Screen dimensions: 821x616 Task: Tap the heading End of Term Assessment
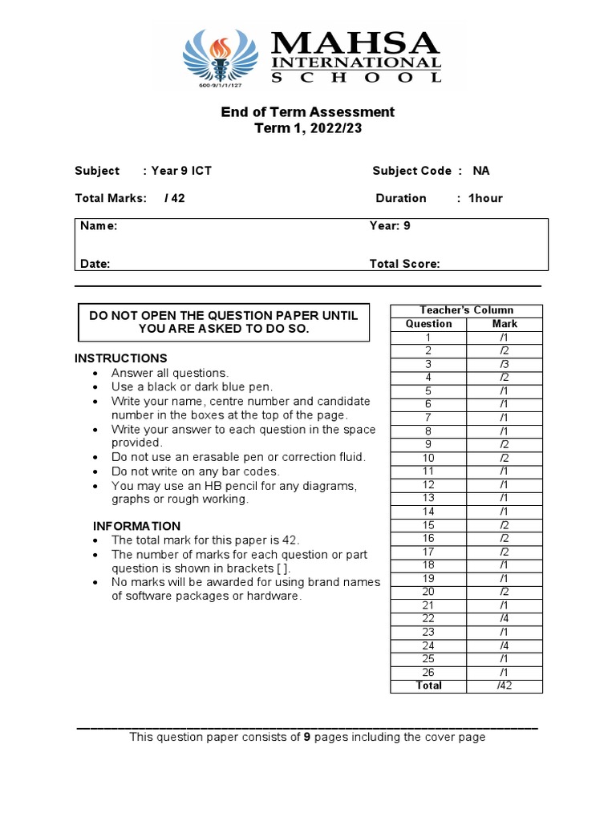pos(308,111)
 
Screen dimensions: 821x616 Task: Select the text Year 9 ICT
pos(181,171)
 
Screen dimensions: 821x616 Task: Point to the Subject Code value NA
pos(480,171)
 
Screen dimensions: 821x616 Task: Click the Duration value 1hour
pos(485,198)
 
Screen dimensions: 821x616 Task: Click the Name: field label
pos(99,226)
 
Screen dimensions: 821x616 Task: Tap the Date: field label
pos(95,264)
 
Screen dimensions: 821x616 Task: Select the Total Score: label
pos(404,264)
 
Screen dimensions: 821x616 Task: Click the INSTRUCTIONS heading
pos(121,358)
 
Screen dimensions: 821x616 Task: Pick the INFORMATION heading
pos(137,526)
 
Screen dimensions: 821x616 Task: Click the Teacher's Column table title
pos(466,310)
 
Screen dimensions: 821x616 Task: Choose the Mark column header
pos(505,324)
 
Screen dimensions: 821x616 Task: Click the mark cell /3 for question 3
pos(505,364)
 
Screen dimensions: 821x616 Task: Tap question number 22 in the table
pos(428,618)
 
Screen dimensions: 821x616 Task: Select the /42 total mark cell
pos(505,686)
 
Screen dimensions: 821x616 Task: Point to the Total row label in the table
pos(428,686)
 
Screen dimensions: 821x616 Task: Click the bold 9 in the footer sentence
pos(306,737)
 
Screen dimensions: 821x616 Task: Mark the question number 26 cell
pos(428,672)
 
